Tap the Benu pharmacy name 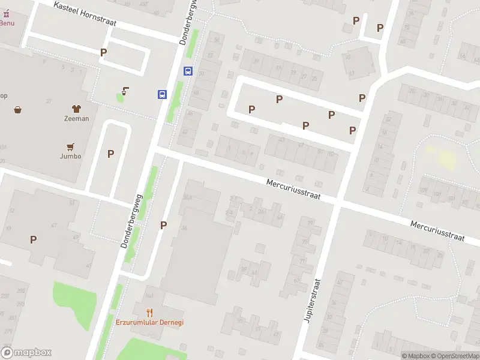(7, 23)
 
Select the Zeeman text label (76, 118)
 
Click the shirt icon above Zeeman (76, 109)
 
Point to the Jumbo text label (70, 156)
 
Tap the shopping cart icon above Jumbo (71, 146)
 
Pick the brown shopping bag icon (18, 109)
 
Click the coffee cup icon (125, 91)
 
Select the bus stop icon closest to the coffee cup (162, 94)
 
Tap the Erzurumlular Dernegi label (149, 322)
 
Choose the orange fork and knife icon (149, 312)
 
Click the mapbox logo (26, 353)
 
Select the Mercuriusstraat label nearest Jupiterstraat (294, 188)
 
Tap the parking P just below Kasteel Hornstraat (103, 52)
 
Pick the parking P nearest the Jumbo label (110, 154)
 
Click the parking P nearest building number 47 (33, 239)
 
